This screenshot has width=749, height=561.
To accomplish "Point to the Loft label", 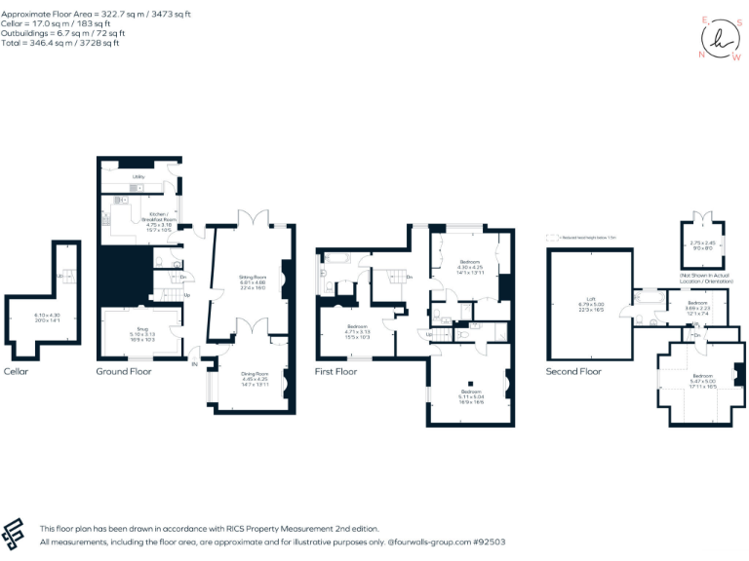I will point(588,299).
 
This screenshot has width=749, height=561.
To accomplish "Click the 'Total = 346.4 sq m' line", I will point(60,44).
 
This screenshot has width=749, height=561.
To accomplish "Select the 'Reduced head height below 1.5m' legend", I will point(586,237).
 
